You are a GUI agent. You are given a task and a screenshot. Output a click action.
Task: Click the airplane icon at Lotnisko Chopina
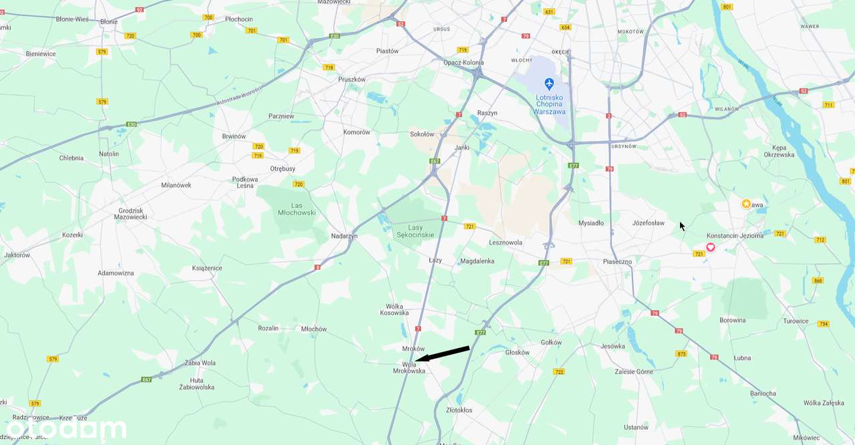[x=549, y=84]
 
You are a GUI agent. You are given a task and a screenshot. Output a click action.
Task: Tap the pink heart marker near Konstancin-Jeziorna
[x=711, y=247]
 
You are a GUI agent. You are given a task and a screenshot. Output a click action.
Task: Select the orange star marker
[x=746, y=204]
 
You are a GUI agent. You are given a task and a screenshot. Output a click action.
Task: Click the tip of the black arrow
[x=416, y=361]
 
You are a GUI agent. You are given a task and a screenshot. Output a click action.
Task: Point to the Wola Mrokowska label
[x=409, y=367]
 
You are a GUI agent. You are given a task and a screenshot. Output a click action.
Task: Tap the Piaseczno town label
[x=617, y=261]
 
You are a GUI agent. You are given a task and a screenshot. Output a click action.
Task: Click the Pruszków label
[x=352, y=79]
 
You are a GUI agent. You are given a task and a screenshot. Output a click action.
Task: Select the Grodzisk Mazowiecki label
[x=130, y=214]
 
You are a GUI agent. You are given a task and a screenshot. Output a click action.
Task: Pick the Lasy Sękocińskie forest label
[x=416, y=231]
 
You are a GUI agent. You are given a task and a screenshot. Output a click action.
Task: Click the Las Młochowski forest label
[x=296, y=208]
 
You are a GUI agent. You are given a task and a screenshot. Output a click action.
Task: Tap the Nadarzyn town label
[x=345, y=236]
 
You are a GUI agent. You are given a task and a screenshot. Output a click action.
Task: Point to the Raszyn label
[x=488, y=113]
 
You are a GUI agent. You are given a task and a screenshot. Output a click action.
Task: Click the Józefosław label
[x=649, y=223]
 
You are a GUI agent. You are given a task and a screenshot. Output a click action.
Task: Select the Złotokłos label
[x=459, y=410]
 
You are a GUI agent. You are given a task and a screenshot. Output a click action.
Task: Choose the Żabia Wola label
[x=200, y=363]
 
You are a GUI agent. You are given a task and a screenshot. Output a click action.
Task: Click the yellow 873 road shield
[x=681, y=353]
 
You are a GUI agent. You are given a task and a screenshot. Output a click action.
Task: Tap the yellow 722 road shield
[x=559, y=372]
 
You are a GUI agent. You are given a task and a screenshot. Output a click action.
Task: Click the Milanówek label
[x=176, y=185]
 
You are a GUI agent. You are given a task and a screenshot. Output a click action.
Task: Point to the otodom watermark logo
[x=67, y=428]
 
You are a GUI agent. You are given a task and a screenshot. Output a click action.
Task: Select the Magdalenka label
[x=478, y=261]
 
